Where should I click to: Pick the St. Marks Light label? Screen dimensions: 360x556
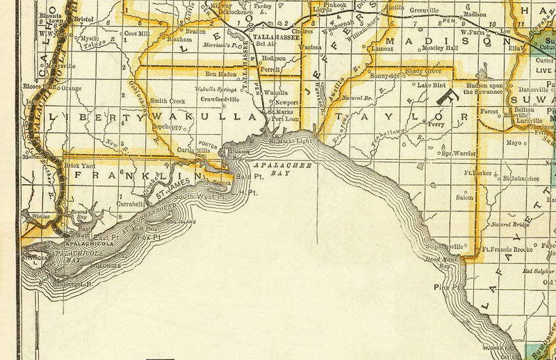[291, 142]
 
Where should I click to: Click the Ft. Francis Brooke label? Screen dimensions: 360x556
[507, 249]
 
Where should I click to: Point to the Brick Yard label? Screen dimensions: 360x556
[78, 166]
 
